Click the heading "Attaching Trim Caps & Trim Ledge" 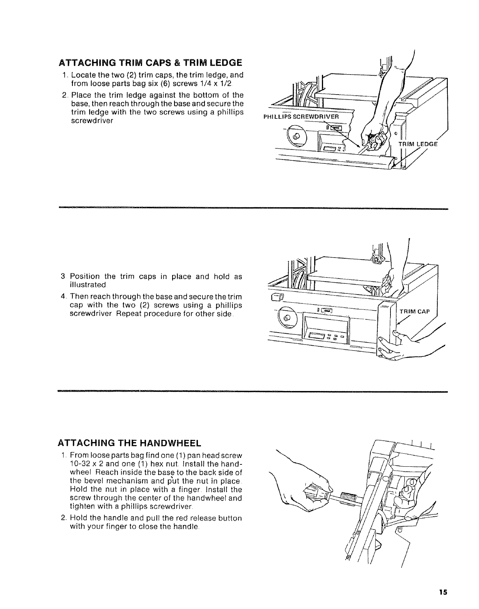click(150, 63)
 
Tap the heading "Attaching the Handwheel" click(129, 443)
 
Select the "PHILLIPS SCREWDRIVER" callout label click(300, 117)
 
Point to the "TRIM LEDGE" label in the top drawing click(418, 144)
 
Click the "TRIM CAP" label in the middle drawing click(414, 311)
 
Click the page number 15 click(444, 592)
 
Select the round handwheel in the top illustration click(296, 136)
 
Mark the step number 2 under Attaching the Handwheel click(63, 518)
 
